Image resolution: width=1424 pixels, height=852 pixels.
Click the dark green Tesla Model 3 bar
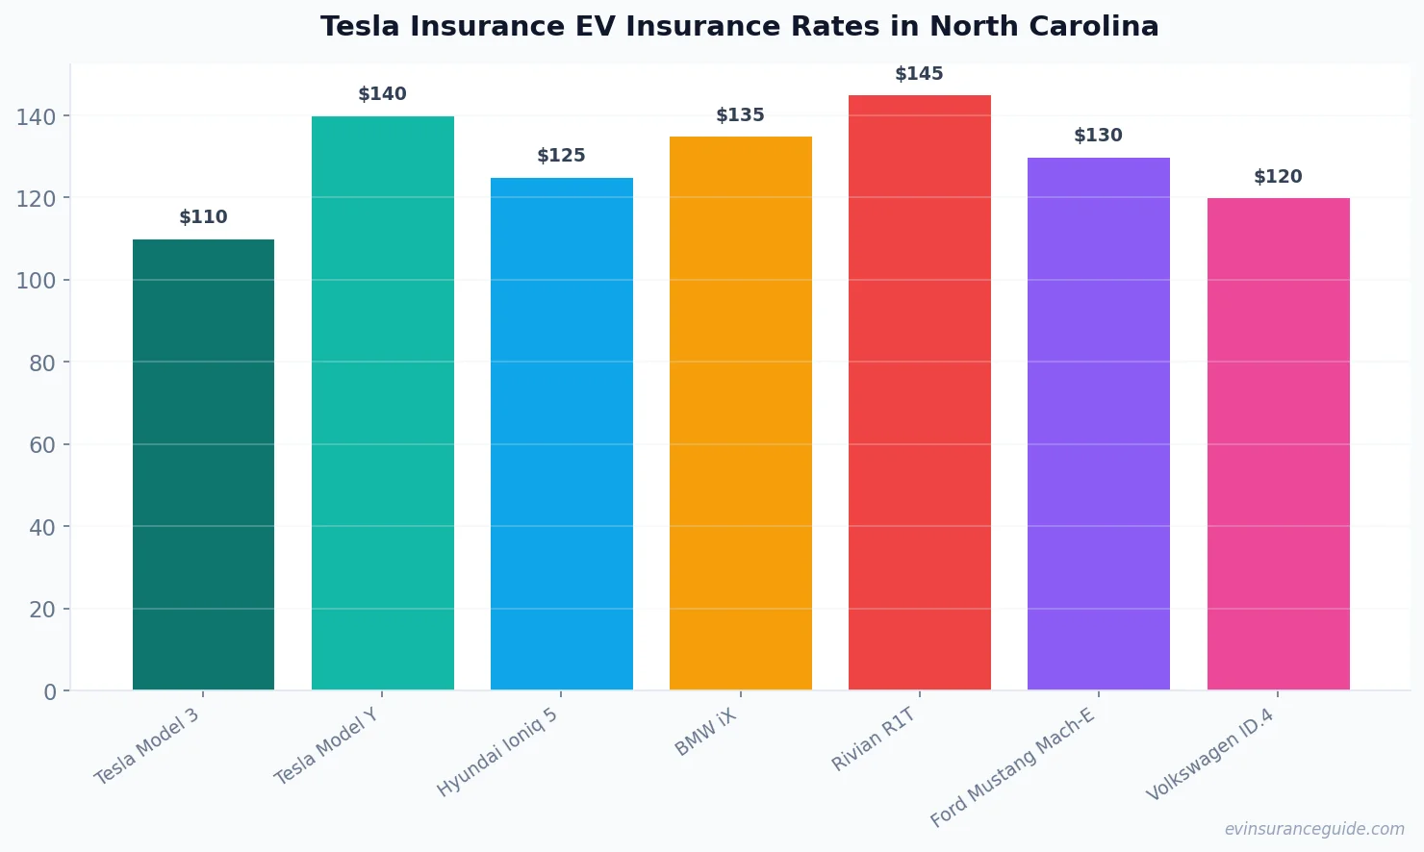coord(203,464)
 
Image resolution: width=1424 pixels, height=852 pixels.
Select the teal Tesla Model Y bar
coord(382,403)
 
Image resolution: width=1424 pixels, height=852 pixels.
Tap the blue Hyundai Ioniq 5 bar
coord(561,434)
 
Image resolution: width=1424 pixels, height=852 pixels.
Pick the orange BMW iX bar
coord(740,413)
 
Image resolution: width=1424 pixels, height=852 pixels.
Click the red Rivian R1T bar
coord(919,392)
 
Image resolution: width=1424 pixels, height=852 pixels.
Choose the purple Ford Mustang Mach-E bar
coord(1098,423)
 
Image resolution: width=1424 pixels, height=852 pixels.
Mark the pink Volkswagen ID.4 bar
coord(1278,444)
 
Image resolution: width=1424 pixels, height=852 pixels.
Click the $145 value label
coord(919,74)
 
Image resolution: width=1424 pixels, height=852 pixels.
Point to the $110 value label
coord(203,217)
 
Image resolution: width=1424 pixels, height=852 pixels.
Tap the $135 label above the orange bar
coord(740,115)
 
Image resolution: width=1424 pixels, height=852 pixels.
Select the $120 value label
coord(1278,177)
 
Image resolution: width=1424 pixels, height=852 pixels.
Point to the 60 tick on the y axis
coord(41,445)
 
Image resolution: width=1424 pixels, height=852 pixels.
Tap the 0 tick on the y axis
coord(50,692)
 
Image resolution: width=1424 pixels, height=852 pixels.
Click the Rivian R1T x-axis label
coord(874,739)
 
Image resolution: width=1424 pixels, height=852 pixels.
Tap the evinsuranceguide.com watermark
coord(1314,829)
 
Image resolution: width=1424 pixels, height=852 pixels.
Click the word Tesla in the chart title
coord(361,27)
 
